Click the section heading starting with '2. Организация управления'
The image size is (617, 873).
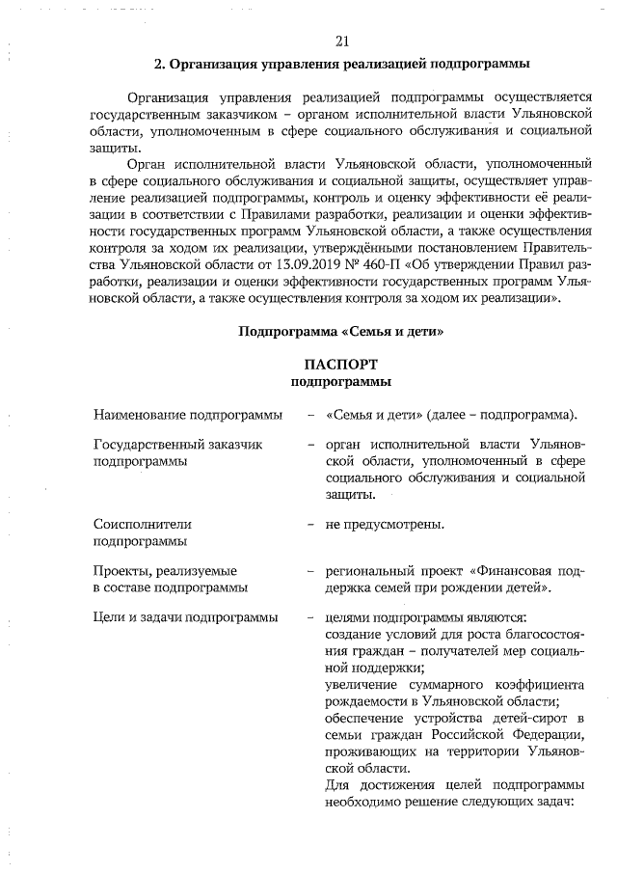tap(341, 66)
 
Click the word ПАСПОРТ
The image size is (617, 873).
tap(341, 364)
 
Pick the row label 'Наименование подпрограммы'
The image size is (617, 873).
tap(187, 415)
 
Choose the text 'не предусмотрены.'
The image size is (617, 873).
tap(385, 525)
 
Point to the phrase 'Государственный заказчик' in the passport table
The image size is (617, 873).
tap(177, 446)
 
